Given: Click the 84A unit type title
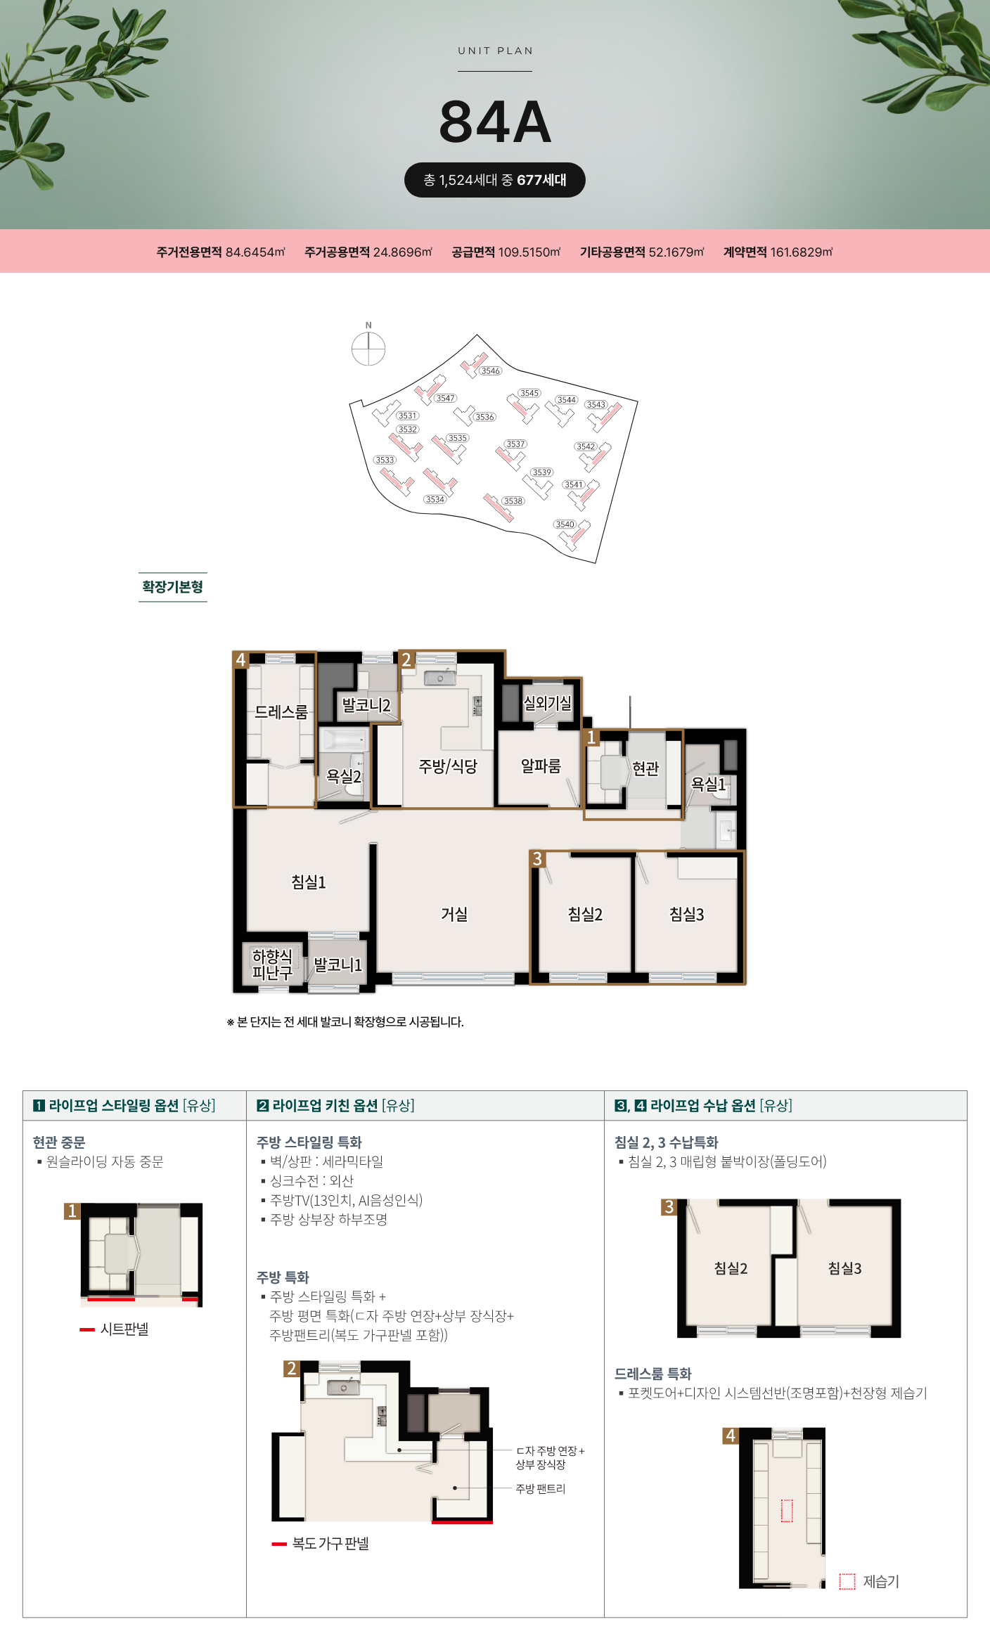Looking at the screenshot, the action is [495, 122].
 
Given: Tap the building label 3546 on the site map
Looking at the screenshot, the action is [491, 370].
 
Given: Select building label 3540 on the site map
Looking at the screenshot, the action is [565, 524].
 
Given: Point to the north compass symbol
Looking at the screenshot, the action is [368, 348].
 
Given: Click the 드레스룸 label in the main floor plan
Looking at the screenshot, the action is [281, 712].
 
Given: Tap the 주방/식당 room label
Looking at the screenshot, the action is [448, 766].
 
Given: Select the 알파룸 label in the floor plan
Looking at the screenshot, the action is [541, 766].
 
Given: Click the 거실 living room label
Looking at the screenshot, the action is [454, 914].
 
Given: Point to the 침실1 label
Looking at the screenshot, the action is [309, 882].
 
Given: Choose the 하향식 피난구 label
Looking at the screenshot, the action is [272, 965].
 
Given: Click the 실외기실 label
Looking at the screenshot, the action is [547, 703].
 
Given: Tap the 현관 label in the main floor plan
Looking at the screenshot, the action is [645, 768].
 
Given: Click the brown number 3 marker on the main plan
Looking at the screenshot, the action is [537, 858].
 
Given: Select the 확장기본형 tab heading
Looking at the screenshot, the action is [173, 587].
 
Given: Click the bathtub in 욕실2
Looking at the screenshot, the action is [343, 740].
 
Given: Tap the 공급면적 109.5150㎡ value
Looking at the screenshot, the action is [506, 252].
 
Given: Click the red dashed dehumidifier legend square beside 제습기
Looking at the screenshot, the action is [847, 1581].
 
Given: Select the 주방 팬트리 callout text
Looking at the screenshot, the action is [540, 1488].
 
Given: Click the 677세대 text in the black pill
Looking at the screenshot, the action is [541, 180].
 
